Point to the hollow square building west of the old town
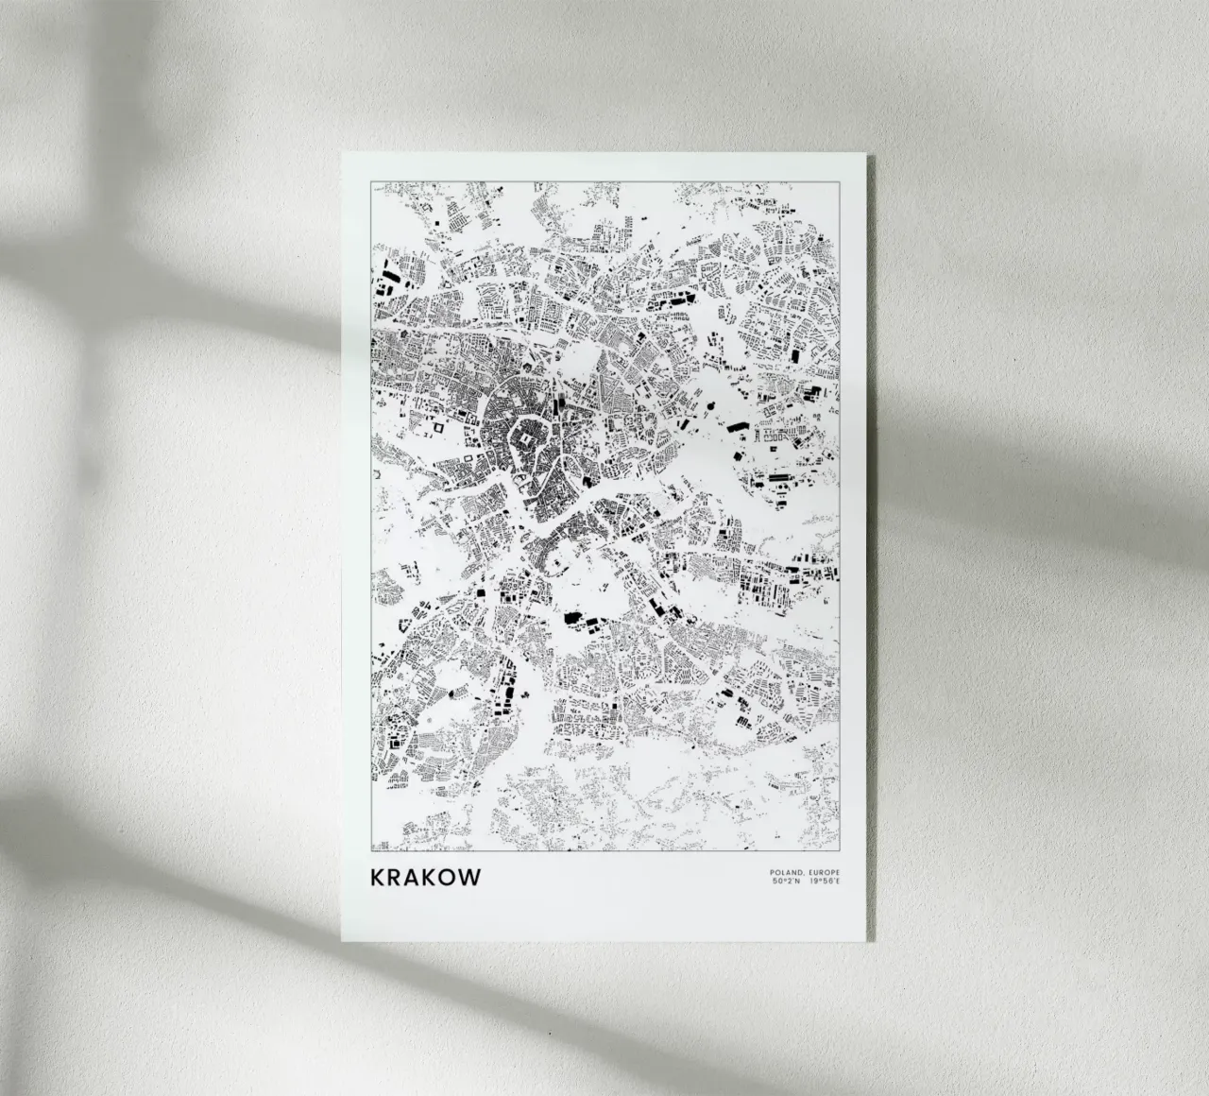(x=437, y=426)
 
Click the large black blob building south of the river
(x=572, y=619)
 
